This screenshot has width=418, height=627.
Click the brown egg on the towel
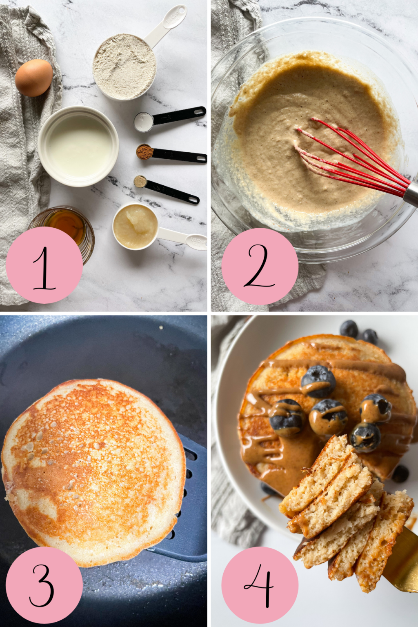(34, 78)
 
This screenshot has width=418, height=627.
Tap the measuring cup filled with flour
(125, 67)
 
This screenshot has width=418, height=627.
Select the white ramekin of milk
(78, 146)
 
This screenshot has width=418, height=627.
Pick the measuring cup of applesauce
(136, 226)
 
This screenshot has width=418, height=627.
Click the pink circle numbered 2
(260, 266)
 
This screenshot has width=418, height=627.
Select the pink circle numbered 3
(44, 585)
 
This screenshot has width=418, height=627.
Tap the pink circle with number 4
(260, 585)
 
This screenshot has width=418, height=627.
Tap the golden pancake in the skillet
(94, 469)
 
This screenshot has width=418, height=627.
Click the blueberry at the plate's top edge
(349, 329)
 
